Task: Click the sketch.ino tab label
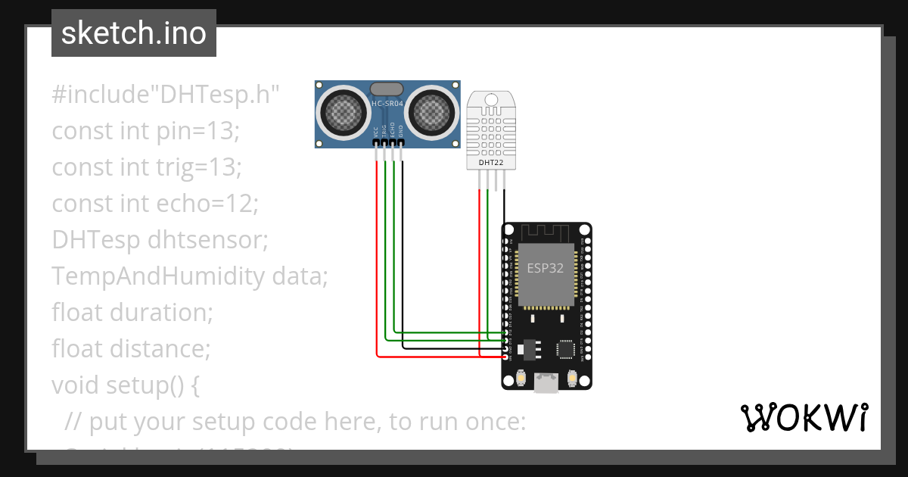133,33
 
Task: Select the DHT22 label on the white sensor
491,162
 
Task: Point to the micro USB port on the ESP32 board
546,383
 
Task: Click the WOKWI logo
803,417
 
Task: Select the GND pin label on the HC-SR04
401,132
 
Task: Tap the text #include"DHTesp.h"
166,95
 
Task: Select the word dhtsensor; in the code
208,239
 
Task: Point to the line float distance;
130,348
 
